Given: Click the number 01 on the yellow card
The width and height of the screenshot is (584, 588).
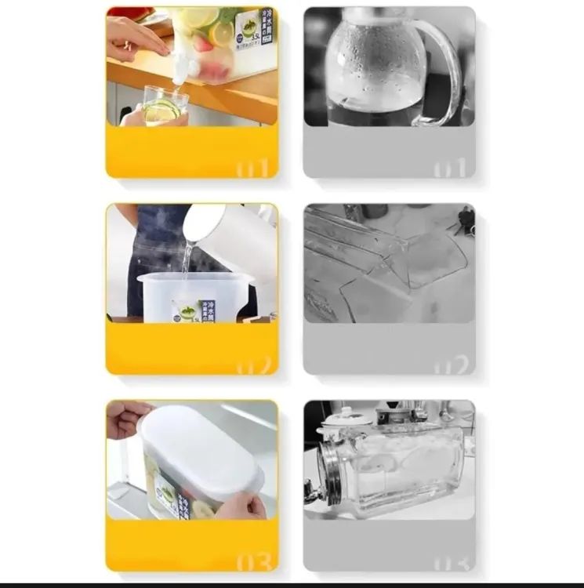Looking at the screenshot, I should pos(253,168).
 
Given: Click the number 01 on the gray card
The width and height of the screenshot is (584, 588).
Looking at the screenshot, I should pos(451,168).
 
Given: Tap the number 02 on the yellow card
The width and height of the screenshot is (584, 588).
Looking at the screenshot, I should pos(253,365).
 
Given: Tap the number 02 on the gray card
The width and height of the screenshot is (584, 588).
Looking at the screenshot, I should pos(451,365).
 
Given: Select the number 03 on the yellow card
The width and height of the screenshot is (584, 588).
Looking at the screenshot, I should pos(253,561).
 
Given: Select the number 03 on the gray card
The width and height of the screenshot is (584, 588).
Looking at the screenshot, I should pos(451,561).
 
